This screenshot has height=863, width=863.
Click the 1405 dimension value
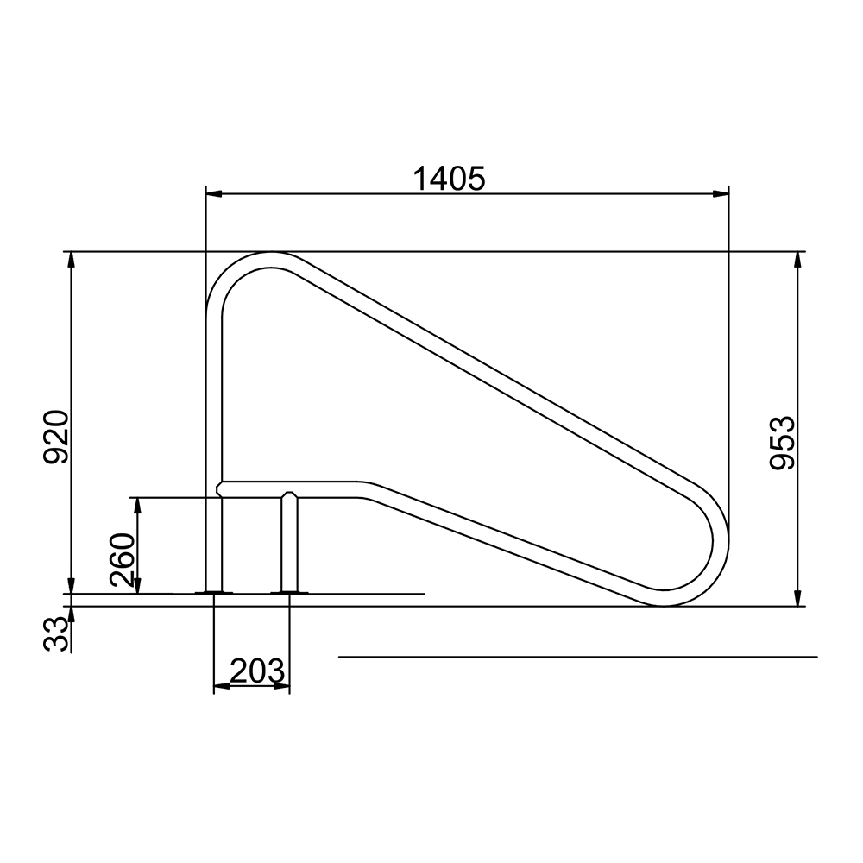(449, 179)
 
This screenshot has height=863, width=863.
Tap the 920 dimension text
(56, 437)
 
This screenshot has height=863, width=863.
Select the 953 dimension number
(782, 443)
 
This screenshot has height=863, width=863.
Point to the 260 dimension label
(123, 560)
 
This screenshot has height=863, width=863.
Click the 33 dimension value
(56, 634)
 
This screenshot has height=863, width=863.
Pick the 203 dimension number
(257, 671)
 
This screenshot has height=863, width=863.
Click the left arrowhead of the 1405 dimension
(213, 193)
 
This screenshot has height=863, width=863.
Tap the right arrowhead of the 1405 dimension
(721, 193)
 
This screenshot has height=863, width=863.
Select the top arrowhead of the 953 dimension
(797, 260)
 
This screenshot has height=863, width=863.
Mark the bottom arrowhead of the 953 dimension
(797, 598)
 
